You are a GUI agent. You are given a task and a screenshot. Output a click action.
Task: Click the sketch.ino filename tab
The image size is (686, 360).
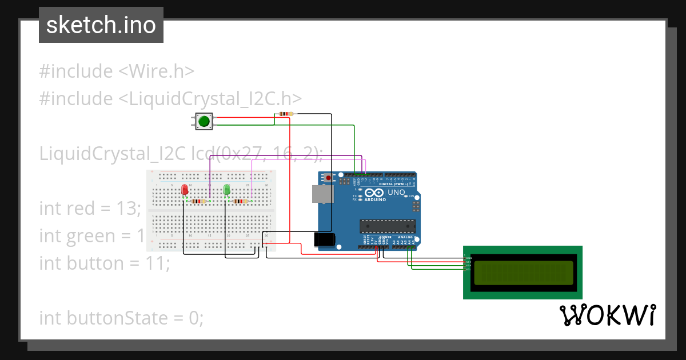[101, 25]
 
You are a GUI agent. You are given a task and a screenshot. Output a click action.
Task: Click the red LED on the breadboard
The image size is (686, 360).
[185, 190]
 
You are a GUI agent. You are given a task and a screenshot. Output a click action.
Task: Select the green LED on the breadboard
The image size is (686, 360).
[227, 190]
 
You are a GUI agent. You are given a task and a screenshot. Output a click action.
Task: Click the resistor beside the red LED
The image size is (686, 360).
[198, 201]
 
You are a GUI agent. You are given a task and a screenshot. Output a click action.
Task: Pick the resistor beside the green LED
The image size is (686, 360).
[240, 201]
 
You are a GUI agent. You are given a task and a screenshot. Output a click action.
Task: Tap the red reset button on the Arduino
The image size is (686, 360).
[328, 178]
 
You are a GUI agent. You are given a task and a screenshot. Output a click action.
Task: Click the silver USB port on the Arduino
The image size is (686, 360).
[321, 194]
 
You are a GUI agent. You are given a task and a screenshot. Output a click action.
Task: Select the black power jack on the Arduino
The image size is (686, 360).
[325, 239]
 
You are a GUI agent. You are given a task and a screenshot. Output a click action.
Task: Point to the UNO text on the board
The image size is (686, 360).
[396, 193]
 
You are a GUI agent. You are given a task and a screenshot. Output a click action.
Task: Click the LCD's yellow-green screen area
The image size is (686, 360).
[523, 273]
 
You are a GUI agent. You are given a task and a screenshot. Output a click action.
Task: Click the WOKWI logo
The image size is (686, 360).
[607, 315]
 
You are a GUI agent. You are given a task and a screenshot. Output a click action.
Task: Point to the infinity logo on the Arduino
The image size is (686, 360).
[371, 193]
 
